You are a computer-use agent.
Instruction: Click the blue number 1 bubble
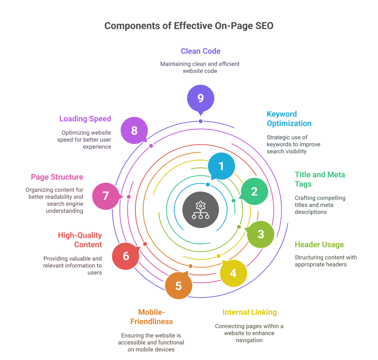tap(221, 166)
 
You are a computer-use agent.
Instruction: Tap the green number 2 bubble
tap(254, 191)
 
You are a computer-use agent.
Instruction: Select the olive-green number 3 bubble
tap(260, 234)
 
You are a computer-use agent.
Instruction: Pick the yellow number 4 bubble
tap(233, 273)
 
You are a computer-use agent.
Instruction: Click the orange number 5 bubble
tap(178, 285)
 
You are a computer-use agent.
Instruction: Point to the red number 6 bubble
tap(126, 256)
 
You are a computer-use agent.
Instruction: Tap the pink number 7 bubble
tap(106, 196)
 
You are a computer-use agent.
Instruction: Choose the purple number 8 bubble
tap(134, 131)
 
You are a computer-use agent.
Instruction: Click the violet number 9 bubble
tap(200, 98)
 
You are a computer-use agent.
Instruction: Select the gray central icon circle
tap(200, 210)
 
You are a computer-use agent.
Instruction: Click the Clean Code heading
tap(200, 51)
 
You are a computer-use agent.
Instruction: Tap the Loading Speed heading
tap(85, 119)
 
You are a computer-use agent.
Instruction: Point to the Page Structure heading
tap(57, 177)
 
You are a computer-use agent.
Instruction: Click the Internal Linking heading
tap(250, 312)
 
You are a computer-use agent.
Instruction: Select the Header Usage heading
tap(319, 245)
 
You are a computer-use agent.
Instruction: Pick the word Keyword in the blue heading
tap(282, 114)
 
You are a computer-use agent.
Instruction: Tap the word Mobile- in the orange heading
tap(151, 312)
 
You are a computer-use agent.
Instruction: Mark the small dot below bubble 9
tap(200, 121)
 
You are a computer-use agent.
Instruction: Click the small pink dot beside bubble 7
tap(129, 197)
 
